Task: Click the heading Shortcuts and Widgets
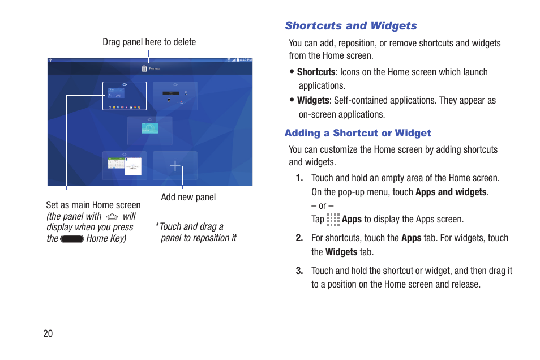pyautogui.click(x=350, y=26)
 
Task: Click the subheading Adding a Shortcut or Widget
pyautogui.click(x=357, y=134)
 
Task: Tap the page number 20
pyautogui.click(x=48, y=333)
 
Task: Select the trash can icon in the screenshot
pyautogui.click(x=144, y=68)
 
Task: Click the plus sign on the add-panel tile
pyautogui.click(x=175, y=166)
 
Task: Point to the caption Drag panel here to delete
pyautogui.click(x=149, y=42)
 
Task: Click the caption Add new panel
pyautogui.click(x=188, y=198)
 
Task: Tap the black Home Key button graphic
pyautogui.click(x=72, y=239)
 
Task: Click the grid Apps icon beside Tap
pyautogui.click(x=333, y=220)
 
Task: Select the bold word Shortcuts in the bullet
pyautogui.click(x=316, y=72)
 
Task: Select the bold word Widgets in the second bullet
pyautogui.click(x=312, y=101)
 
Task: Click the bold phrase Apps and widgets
pyautogui.click(x=451, y=192)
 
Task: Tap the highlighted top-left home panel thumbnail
pyautogui.click(x=125, y=96)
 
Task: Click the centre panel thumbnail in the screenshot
pyautogui.click(x=150, y=130)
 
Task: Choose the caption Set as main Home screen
pyautogui.click(x=93, y=205)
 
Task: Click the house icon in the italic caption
pyautogui.click(x=112, y=217)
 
